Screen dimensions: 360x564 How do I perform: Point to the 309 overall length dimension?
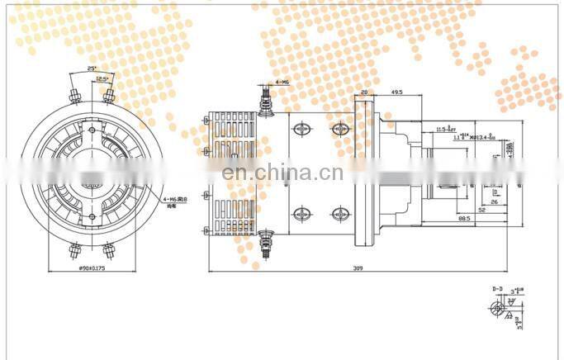click(358, 268)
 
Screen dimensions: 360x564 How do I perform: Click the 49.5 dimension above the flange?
click(396, 93)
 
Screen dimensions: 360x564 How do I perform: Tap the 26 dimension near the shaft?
click(494, 200)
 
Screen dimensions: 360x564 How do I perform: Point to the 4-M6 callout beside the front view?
click(177, 199)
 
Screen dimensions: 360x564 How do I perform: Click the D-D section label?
click(499, 288)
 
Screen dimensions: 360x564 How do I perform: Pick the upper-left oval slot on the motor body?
click(299, 130)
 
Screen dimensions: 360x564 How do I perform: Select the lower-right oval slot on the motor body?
click(339, 214)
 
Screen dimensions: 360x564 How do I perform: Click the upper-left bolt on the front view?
click(73, 93)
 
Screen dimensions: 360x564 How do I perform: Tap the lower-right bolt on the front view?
click(109, 249)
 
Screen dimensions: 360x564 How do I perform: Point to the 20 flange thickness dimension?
click(364, 93)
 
